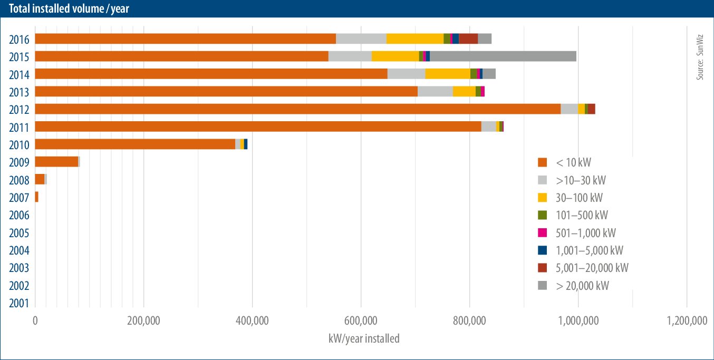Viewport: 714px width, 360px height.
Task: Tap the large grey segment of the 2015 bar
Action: pos(503,56)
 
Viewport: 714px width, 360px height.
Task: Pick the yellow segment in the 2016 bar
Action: pos(414,38)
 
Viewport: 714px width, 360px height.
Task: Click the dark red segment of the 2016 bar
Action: pos(468,38)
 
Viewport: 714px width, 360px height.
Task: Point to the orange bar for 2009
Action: pos(56,162)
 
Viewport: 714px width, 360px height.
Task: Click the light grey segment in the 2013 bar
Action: pos(435,92)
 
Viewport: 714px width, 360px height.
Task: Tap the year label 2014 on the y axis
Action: pos(18,74)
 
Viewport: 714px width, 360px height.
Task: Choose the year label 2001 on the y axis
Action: pos(18,303)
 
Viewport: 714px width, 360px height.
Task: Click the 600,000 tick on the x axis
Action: pos(361,321)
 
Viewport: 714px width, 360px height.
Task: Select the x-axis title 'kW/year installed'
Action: pos(363,338)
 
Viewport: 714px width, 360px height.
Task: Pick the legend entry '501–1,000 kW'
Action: pos(585,232)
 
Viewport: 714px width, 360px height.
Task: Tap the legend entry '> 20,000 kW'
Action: pos(582,286)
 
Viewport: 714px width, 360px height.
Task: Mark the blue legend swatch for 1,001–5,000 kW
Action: pos(542,250)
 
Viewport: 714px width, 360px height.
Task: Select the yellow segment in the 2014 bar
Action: pos(448,74)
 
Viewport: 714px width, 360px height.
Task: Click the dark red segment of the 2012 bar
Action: pos(591,109)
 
